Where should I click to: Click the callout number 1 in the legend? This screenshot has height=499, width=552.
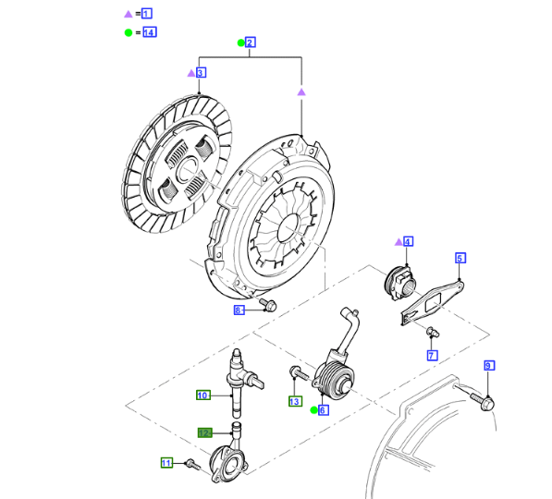click(x=147, y=14)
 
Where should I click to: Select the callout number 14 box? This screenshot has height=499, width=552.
click(x=149, y=32)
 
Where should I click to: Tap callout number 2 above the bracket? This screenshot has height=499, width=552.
click(x=250, y=43)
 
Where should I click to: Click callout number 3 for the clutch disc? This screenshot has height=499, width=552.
click(x=201, y=73)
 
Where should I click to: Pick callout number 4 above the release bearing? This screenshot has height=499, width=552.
click(x=408, y=242)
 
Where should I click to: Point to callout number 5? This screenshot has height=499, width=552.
click(x=460, y=258)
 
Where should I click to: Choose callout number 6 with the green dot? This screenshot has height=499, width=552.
click(x=323, y=410)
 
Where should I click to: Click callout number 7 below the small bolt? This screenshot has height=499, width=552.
click(x=432, y=356)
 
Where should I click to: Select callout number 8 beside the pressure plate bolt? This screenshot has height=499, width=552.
click(x=239, y=310)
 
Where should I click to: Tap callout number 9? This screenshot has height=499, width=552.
click(x=488, y=366)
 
